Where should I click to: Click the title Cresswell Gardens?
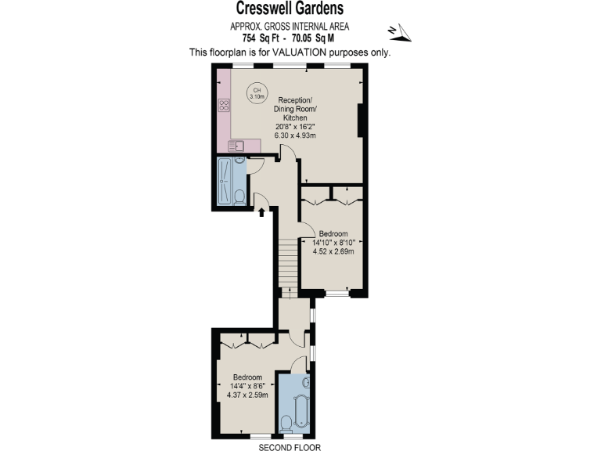290,9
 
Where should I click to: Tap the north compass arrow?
399,31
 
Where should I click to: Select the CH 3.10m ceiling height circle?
257,92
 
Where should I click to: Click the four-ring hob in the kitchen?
224,105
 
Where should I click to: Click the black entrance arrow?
261,212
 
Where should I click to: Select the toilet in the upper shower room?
240,196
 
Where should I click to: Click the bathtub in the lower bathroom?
300,408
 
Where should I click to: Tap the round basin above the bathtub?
306,384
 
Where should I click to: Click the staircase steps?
289,259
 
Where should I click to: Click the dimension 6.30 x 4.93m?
294,135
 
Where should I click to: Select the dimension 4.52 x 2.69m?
334,251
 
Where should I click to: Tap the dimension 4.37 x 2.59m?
247,395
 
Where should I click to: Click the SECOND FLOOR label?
290,446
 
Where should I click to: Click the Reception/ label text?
295,100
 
